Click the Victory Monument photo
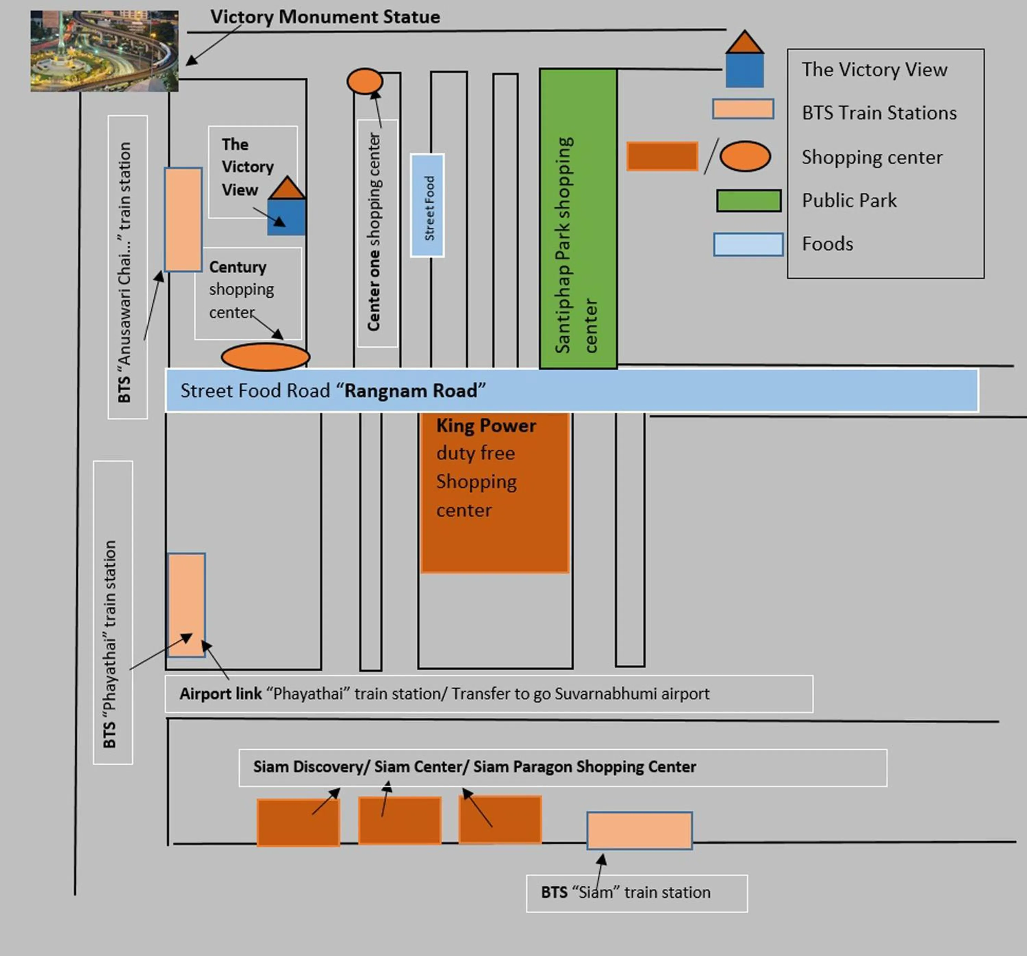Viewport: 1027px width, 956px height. click(104, 51)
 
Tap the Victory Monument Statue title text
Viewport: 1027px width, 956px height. click(325, 17)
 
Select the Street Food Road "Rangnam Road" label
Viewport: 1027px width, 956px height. click(333, 390)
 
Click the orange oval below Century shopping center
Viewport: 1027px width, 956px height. click(266, 357)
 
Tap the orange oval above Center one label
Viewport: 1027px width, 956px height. click(365, 81)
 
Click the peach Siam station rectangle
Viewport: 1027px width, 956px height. click(639, 830)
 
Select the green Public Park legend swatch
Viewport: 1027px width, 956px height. click(749, 201)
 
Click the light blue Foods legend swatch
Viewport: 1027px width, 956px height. click(748, 244)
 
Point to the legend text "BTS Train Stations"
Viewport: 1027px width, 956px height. click(879, 113)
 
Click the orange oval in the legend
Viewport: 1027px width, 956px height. click(745, 156)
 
